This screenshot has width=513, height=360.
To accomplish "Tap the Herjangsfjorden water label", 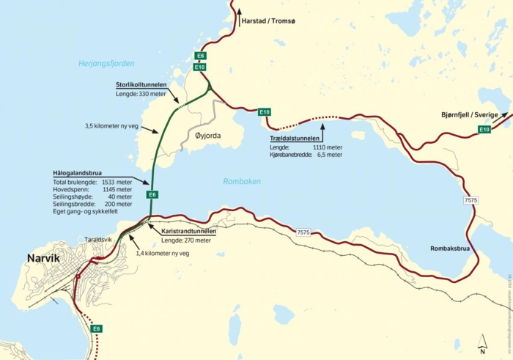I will [x=107, y=64].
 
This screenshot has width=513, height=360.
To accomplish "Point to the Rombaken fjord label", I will [x=241, y=181].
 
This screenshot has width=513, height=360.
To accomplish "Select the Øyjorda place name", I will [x=204, y=136].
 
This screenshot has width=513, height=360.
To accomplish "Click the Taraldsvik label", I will [x=99, y=239].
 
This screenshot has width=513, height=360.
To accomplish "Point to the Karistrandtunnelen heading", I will [x=188, y=232].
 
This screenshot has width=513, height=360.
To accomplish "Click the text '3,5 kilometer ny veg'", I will [x=120, y=126].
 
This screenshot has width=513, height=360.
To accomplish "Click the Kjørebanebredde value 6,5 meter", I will [x=328, y=155].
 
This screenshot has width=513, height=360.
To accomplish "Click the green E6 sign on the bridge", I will [x=152, y=194].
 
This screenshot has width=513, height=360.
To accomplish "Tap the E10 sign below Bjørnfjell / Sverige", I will [x=484, y=130].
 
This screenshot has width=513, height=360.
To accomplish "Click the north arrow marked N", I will [x=481, y=342].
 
